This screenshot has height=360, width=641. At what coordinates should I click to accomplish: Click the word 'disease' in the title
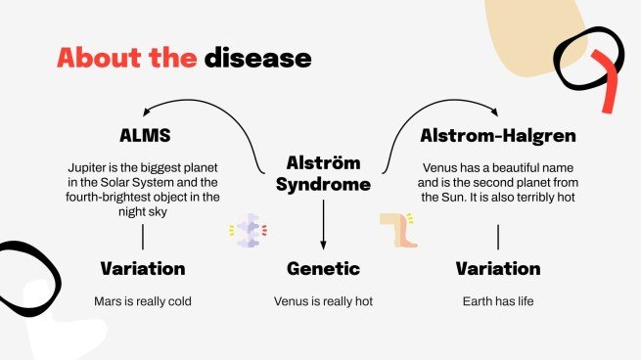257,58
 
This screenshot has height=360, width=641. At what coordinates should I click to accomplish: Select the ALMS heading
143,134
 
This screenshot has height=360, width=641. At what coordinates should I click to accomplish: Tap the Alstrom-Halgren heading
497,134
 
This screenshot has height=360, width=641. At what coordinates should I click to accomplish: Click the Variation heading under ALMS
143,268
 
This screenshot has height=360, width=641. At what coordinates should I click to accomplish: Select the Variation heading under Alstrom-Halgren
498,268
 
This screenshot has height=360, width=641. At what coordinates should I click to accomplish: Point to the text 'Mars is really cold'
143,300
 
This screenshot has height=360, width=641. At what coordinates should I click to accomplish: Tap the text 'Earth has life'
498,300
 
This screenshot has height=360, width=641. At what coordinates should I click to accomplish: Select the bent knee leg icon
398,231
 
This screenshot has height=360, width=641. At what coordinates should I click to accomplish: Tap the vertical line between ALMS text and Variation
143,237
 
